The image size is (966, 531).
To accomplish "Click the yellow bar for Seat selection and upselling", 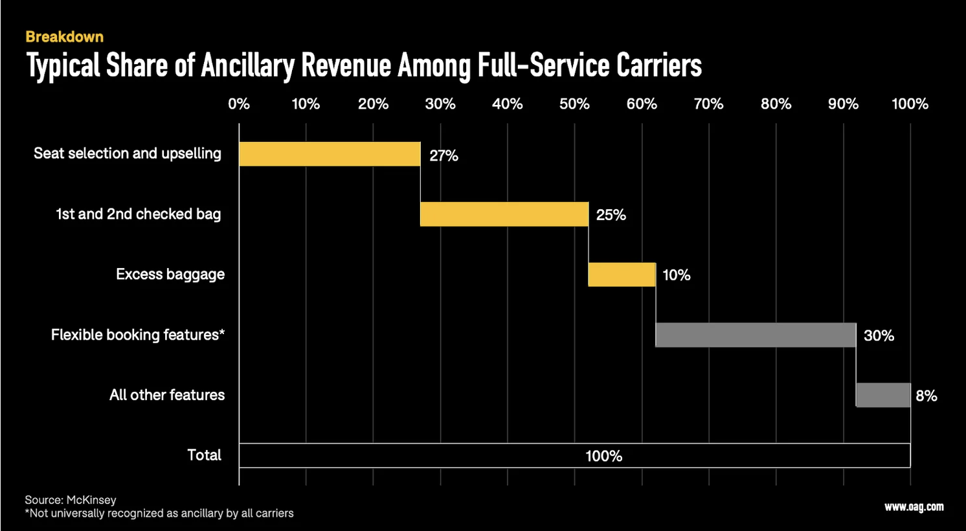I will (330, 154).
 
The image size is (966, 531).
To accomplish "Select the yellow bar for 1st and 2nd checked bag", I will (504, 214).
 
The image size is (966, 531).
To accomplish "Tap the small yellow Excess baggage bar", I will (622, 275).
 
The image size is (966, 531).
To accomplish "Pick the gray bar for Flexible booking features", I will (756, 335).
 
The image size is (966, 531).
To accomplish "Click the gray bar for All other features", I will (883, 395).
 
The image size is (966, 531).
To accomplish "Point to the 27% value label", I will (444, 155).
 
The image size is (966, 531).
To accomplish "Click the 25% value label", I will (611, 215).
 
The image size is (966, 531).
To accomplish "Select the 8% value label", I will (926, 396).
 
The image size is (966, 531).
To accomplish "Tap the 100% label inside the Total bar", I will (603, 456).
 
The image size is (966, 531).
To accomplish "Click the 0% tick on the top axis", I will (239, 104).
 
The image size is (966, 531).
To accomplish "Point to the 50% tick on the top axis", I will (574, 104).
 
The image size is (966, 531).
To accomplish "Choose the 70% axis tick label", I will (708, 104).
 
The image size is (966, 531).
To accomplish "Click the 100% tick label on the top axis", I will (909, 104).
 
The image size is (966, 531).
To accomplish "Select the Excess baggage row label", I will (170, 275).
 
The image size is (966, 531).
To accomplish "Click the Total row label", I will (204, 455).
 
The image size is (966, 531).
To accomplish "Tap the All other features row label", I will (167, 395).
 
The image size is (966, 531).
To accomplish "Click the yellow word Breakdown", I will (64, 37).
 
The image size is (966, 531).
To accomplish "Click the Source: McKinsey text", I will (71, 500).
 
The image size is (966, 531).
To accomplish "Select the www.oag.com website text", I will (914, 507).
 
